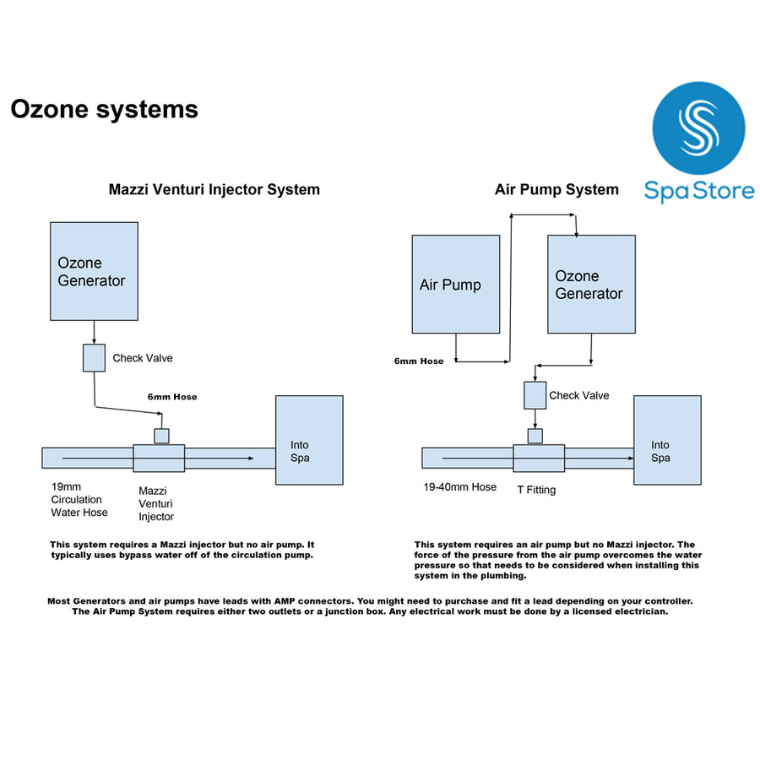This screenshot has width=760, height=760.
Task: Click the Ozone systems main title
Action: point(104,110)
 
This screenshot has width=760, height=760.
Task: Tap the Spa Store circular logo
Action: point(698,128)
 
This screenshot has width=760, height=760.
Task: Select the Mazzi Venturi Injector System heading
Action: point(214,190)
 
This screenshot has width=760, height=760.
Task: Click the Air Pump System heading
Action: point(556,190)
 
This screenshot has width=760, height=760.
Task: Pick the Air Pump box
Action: point(455,284)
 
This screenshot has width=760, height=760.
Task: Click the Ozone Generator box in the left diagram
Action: point(94,271)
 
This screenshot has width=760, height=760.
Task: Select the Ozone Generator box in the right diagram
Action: point(591,284)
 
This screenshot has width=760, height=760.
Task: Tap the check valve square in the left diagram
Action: point(94,358)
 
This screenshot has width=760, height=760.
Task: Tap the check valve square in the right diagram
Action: point(535,395)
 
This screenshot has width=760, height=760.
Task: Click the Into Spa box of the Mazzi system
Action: point(309,440)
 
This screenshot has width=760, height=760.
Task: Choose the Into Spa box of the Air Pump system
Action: point(667,440)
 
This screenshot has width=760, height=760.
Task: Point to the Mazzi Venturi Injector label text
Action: point(156,503)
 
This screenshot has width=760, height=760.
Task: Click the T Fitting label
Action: point(536,490)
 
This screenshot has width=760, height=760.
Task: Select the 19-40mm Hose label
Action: point(460,487)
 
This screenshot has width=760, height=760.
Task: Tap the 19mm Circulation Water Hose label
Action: point(79,499)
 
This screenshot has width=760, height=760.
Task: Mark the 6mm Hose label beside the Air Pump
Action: point(419,361)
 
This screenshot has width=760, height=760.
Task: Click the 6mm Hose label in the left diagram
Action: point(172,397)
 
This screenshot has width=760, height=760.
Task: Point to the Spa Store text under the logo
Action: point(699,190)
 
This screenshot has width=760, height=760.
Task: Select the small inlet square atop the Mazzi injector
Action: point(160,436)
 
